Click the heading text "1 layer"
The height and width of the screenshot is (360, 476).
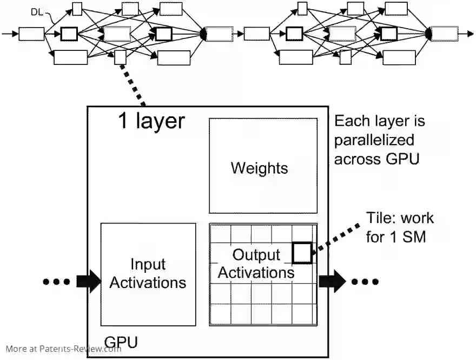(x=151, y=121)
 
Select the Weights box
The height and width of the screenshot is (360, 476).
(x=263, y=166)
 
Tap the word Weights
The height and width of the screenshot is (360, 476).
(x=259, y=168)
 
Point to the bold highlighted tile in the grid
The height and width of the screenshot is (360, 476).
(x=302, y=253)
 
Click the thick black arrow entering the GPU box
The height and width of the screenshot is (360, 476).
(x=88, y=282)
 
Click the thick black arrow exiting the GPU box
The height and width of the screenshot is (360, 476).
(x=332, y=282)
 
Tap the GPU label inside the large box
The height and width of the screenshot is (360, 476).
(x=121, y=342)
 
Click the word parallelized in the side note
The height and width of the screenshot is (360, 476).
(x=374, y=140)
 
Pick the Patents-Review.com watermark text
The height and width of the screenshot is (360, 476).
(x=63, y=349)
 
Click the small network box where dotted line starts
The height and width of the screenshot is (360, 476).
(x=120, y=57)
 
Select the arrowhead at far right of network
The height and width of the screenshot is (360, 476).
(x=470, y=34)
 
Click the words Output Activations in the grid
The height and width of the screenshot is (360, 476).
(x=256, y=263)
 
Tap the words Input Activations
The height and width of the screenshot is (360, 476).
(x=148, y=273)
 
